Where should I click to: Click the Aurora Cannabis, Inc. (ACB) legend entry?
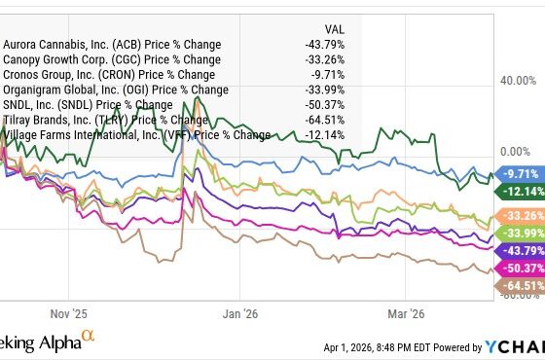pyautogui.click(x=112, y=45)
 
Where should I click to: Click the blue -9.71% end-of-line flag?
pyautogui.click(x=514, y=172)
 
